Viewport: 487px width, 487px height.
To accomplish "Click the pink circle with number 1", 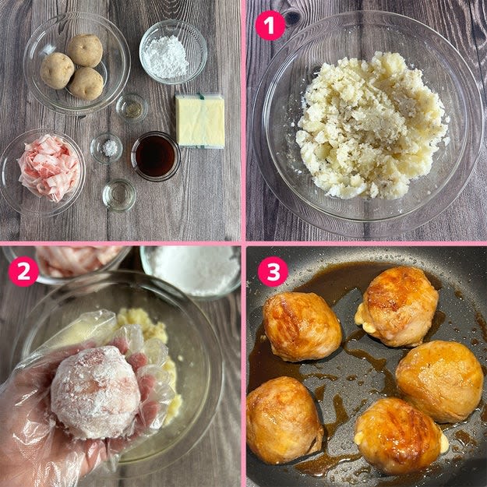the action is pyautogui.click(x=270, y=26).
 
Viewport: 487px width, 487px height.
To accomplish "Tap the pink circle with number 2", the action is pyautogui.click(x=23, y=271).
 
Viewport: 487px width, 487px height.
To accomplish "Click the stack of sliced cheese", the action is pyautogui.click(x=200, y=121).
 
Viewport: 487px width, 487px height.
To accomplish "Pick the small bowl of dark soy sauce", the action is pyautogui.click(x=156, y=156).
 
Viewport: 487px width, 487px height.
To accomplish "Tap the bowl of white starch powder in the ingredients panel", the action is pyautogui.click(x=173, y=52).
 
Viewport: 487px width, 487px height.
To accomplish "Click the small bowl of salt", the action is pyautogui.click(x=107, y=148).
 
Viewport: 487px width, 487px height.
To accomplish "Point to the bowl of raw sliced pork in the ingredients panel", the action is pyautogui.click(x=43, y=172).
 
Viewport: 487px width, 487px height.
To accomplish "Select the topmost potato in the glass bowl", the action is pyautogui.click(x=85, y=51).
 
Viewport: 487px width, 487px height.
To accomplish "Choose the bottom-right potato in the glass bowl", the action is pyautogui.click(x=86, y=83).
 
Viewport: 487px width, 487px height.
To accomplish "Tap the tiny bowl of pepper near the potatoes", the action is pyautogui.click(x=132, y=108).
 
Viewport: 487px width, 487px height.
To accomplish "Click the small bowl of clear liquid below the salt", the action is pyautogui.click(x=119, y=195).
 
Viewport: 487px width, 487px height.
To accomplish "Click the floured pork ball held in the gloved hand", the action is pyautogui.click(x=96, y=392).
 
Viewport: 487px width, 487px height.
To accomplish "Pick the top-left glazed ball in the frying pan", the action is pyautogui.click(x=302, y=326).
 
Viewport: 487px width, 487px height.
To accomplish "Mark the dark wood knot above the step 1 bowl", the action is pyautogui.click(x=292, y=18).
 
